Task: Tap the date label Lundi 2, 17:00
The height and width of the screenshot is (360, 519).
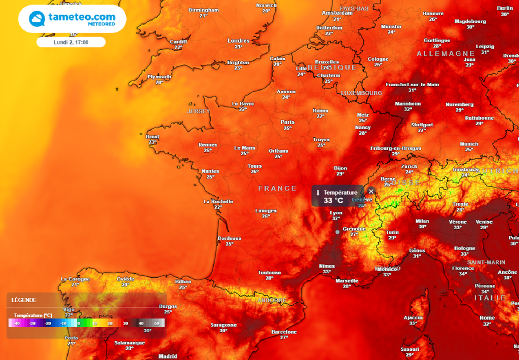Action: point(71,42)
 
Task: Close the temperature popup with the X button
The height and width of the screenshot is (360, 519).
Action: point(371,191)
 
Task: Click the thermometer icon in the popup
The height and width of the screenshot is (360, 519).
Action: point(317,193)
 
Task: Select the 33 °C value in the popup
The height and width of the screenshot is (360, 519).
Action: point(333,200)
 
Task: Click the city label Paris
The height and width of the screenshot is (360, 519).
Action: point(287,122)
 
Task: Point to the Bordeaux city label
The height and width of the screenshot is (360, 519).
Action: point(229,238)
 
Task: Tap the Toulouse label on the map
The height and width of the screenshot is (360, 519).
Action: point(269,272)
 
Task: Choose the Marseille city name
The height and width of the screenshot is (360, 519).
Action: point(347,280)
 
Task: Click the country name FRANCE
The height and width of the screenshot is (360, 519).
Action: point(277,188)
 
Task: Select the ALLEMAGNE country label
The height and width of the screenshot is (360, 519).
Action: point(446,53)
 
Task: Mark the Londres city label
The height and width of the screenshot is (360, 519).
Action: point(238,41)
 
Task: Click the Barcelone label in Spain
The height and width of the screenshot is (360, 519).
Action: point(284,332)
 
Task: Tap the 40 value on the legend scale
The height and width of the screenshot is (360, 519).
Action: point(141,323)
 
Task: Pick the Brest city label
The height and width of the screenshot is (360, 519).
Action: point(153,136)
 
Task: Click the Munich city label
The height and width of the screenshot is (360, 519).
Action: point(469,144)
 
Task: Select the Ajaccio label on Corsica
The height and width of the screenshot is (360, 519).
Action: point(413,317)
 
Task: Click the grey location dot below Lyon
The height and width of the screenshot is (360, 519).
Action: point(338,232)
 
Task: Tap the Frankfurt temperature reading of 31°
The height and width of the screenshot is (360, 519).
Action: point(412,90)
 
